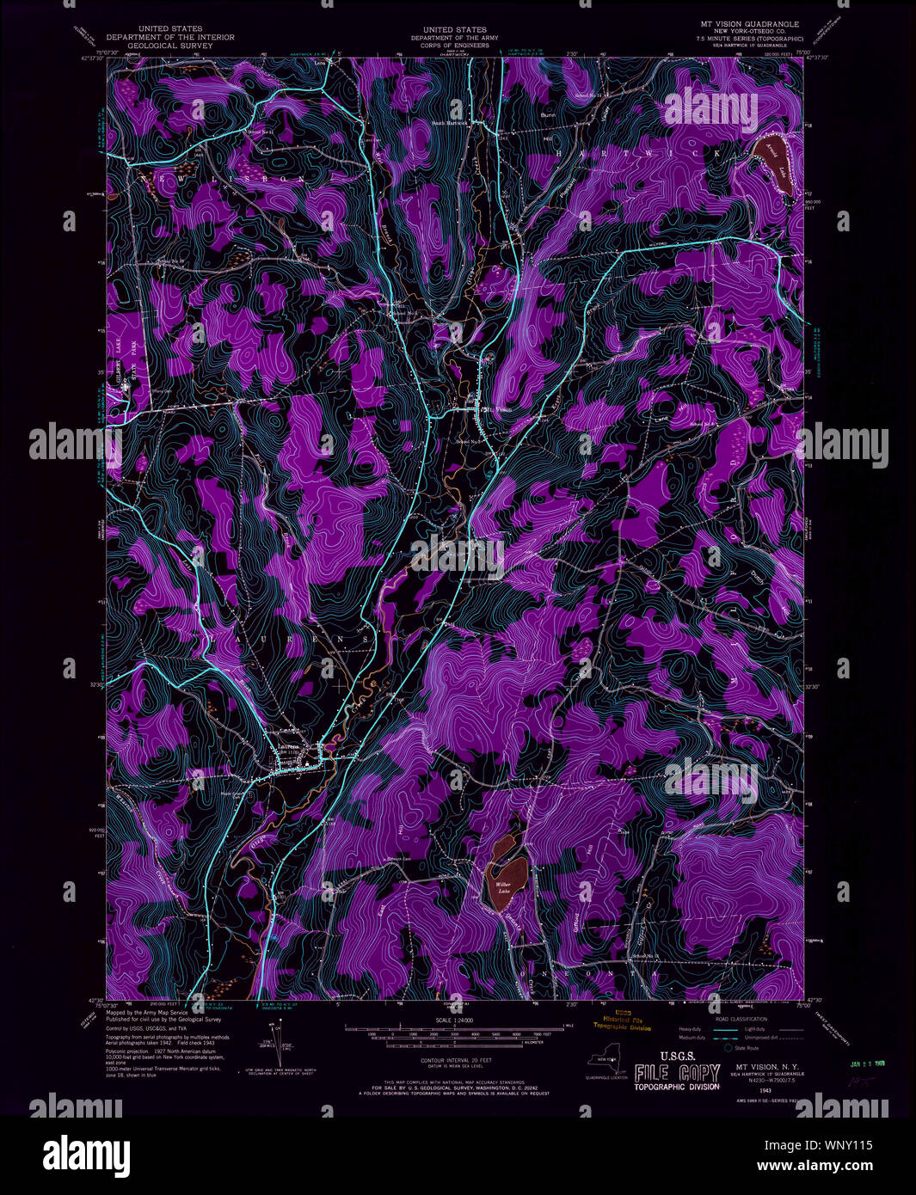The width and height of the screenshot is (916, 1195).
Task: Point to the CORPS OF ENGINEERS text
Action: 449,46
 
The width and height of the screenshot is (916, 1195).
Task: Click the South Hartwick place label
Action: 449,122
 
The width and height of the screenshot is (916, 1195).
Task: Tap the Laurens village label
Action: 287,745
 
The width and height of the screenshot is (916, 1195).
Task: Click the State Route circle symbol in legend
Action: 728,1048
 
